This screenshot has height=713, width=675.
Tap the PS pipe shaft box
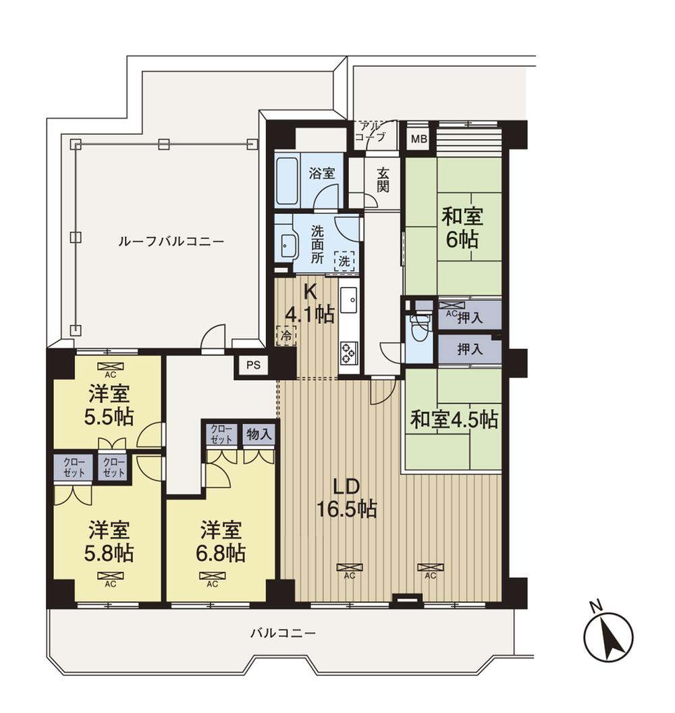[x=252, y=365]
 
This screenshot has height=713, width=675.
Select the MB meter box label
[x=419, y=140]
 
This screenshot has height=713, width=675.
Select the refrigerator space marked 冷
[x=286, y=335]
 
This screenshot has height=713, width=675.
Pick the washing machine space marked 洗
[x=345, y=260]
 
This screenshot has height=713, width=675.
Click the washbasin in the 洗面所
[x=288, y=245]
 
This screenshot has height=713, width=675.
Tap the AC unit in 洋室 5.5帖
[x=107, y=368]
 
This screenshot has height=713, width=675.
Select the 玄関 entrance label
[x=383, y=179]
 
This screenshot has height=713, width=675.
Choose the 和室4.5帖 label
[x=455, y=420]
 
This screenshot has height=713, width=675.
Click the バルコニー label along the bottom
[x=283, y=633]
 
